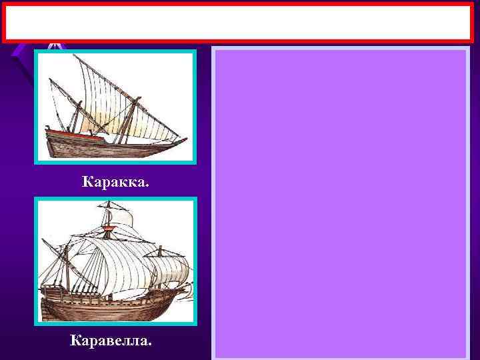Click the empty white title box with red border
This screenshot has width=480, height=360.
click(x=240, y=23)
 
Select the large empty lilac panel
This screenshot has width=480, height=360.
click(x=340, y=200)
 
